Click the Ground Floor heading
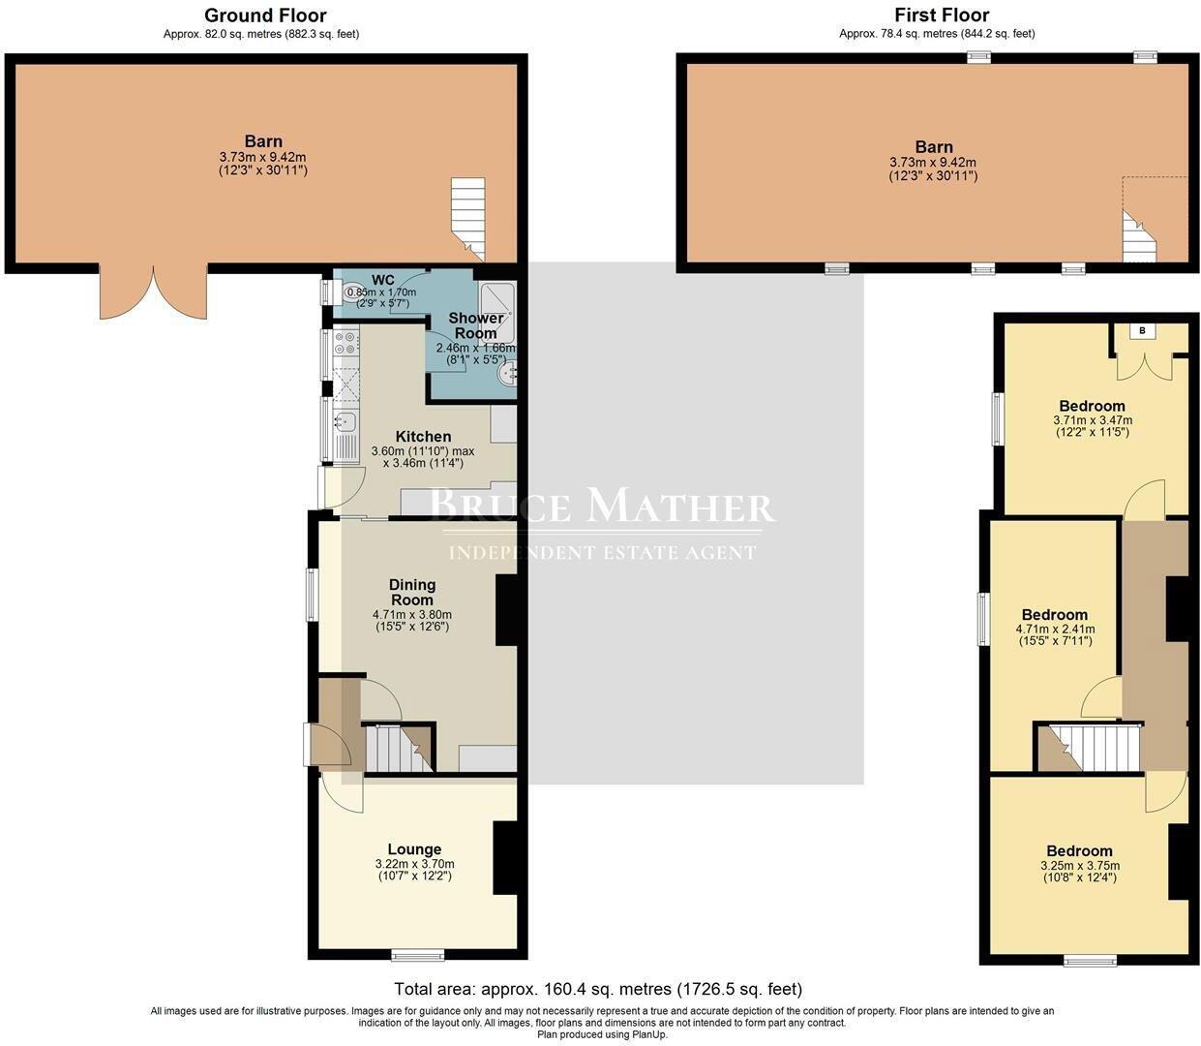point(264,15)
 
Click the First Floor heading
point(941,15)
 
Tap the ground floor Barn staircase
point(468,219)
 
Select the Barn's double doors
point(153,292)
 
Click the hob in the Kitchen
point(345,342)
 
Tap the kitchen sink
point(345,422)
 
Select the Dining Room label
point(412,592)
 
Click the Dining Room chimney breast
point(507,610)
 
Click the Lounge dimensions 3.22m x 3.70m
point(414,864)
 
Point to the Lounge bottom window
point(418,955)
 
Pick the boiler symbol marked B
point(1144,331)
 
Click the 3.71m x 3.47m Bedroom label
point(1092,406)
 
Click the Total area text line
point(598,989)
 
